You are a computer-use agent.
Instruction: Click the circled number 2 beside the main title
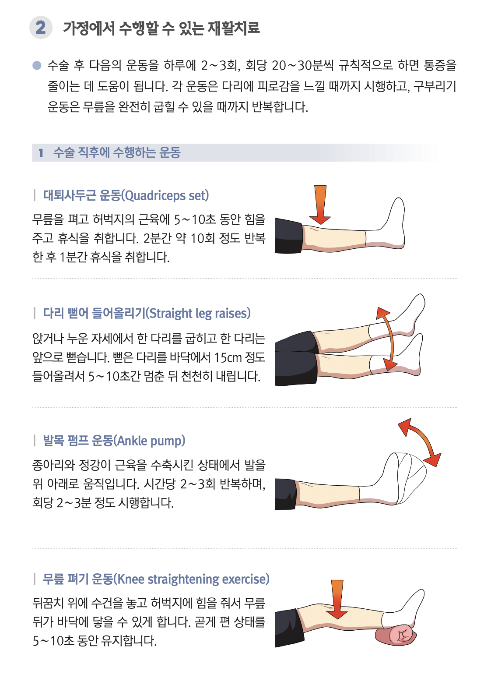click(x=41, y=28)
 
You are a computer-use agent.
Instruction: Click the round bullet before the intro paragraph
click(x=37, y=66)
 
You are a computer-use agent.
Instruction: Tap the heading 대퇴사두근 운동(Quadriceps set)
click(x=126, y=195)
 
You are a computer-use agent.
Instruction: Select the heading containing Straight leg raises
click(x=147, y=314)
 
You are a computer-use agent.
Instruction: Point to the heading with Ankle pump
click(x=114, y=441)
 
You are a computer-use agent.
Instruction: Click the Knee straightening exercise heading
click(x=156, y=579)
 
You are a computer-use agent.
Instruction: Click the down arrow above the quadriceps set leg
click(x=320, y=204)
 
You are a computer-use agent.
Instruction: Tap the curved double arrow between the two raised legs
click(x=387, y=339)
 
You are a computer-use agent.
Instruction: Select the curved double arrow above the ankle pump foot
click(x=420, y=440)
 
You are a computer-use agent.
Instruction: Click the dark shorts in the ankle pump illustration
click(x=285, y=494)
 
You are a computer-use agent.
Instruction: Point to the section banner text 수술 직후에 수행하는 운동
click(x=117, y=153)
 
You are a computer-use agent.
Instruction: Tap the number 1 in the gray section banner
click(x=41, y=153)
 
